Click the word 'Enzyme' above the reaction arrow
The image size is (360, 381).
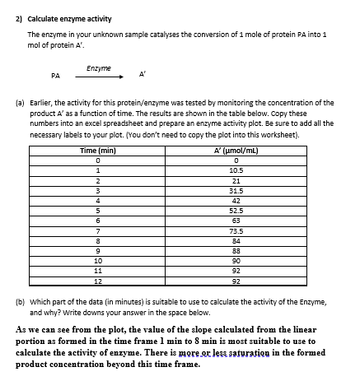(99, 68)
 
